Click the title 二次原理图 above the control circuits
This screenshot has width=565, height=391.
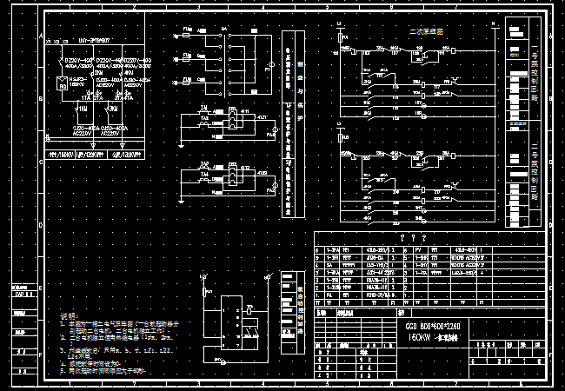tap(427, 31)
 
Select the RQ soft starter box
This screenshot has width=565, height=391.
tap(63, 84)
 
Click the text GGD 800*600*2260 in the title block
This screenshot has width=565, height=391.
tap(434, 325)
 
